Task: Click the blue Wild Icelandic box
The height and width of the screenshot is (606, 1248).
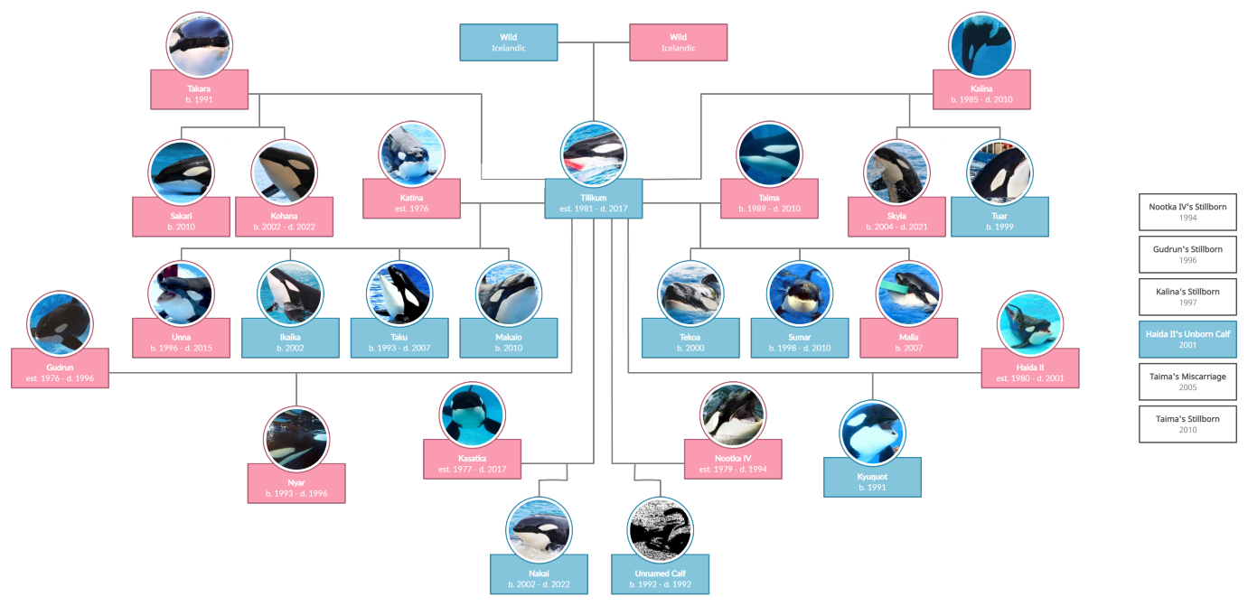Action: pos(508,42)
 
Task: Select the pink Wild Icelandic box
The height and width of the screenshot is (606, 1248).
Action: pos(678,42)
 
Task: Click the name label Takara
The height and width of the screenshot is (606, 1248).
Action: pos(199,89)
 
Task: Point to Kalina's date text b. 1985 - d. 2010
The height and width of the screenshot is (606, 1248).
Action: pos(981,99)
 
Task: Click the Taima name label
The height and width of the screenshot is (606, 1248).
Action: pos(769,198)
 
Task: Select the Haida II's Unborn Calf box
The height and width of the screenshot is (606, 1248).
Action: pos(1187,340)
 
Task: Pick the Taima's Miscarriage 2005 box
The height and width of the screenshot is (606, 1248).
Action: pos(1187,382)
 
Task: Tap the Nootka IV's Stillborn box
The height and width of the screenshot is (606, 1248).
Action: pos(1187,212)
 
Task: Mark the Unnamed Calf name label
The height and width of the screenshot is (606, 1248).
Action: pos(660,573)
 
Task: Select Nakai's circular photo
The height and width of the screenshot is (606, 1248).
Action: pos(539,529)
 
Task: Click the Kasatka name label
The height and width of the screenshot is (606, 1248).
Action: pos(473,458)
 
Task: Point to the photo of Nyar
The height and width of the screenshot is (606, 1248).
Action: pos(296,438)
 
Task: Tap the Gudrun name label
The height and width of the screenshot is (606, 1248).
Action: pos(60,368)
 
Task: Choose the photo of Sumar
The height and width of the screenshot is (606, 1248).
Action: pos(799,294)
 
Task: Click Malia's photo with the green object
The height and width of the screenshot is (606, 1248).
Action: pos(908,294)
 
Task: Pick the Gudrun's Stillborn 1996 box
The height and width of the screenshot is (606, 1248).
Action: pos(1187,255)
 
